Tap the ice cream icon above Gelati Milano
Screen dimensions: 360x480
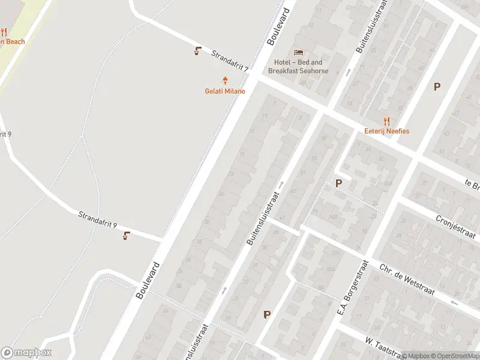click(226, 80)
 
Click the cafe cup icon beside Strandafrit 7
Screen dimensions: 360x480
click(198, 51)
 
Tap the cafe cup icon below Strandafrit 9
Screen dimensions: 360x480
click(126, 236)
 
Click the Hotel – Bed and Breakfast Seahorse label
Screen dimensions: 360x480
click(298, 67)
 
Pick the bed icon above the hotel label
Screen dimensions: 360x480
click(298, 52)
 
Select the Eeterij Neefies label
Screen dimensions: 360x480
click(386, 131)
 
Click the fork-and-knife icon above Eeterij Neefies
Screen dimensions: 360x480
click(386, 121)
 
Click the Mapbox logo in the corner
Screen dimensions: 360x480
click(26, 353)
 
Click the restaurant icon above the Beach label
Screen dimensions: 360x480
click(4, 32)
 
